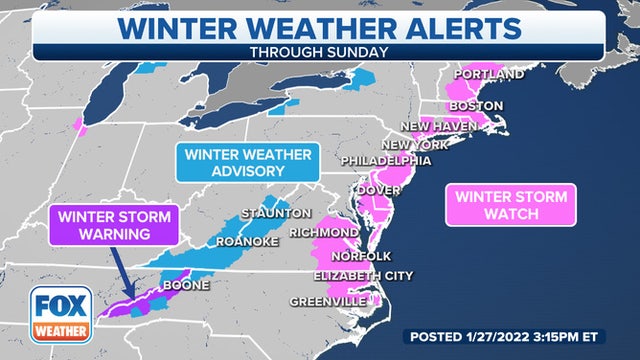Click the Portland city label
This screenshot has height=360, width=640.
[489, 75]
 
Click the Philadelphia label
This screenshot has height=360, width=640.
[386, 160]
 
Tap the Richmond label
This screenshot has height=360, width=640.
[324, 232]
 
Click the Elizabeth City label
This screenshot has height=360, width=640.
[363, 276]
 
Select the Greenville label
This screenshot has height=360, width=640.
[329, 300]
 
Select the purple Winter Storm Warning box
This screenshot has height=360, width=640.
[114, 225]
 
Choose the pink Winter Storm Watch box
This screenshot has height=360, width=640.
[511, 205]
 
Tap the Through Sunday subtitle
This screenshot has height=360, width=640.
[318, 50]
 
